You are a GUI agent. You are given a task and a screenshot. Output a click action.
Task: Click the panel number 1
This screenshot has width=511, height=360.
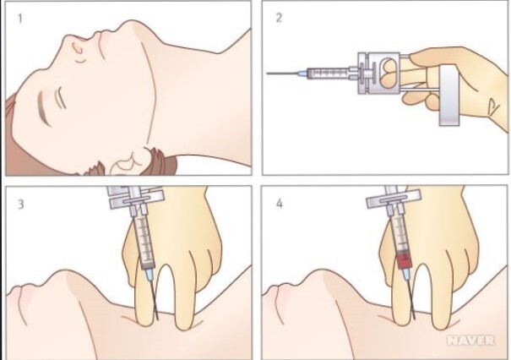[x=20, y=19]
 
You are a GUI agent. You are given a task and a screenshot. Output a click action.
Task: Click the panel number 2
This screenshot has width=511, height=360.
[x=279, y=18]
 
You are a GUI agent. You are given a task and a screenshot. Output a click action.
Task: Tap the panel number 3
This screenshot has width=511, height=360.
[x=20, y=205]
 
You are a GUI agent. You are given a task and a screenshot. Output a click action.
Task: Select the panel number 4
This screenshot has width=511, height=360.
[x=280, y=204]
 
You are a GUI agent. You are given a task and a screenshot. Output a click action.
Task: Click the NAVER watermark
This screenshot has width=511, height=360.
[x=471, y=341]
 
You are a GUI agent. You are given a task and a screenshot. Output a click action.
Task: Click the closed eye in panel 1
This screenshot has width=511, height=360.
[x=60, y=98]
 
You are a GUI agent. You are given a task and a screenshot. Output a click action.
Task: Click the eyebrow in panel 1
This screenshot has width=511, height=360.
[x=44, y=108]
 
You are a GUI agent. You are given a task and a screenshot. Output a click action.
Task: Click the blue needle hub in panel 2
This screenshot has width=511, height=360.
[x=302, y=73]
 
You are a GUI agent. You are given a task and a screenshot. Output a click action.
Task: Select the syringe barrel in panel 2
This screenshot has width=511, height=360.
[x=329, y=73]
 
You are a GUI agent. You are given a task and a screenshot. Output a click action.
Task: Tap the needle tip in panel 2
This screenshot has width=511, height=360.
[x=267, y=73]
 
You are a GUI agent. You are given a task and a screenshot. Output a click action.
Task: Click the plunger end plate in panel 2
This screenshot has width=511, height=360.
[x=449, y=95]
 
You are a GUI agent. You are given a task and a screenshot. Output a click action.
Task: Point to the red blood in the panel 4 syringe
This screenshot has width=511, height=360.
[x=404, y=260]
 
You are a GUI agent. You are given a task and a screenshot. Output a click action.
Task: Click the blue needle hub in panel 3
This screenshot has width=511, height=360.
[x=149, y=275]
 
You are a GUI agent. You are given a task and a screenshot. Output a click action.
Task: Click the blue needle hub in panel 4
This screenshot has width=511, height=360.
[x=406, y=274]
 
